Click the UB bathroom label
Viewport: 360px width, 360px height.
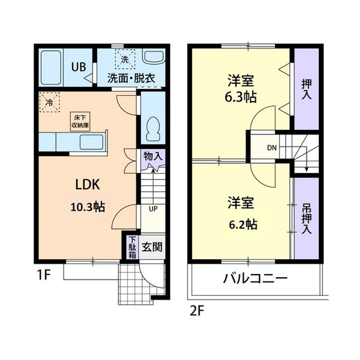tap(78, 66)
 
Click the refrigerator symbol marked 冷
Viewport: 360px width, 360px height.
tap(49, 101)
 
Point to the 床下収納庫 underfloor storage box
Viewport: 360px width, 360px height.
tap(81, 120)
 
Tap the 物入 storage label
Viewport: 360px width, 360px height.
tap(153, 156)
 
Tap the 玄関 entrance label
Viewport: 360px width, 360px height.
tap(152, 246)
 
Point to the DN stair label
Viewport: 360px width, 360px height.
tap(272, 149)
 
